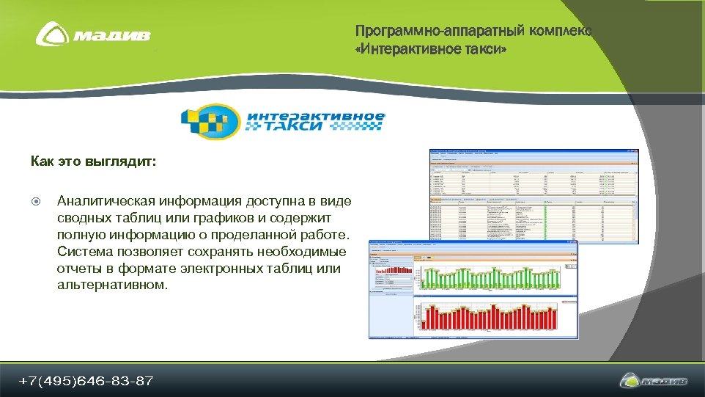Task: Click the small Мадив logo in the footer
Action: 654,381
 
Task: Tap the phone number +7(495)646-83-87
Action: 86,381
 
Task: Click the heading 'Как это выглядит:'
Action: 93,161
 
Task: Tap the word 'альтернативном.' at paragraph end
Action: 112,285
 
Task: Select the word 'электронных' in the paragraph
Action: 200,268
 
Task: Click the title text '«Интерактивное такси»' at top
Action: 430,49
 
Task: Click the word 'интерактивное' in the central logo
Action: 315,115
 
